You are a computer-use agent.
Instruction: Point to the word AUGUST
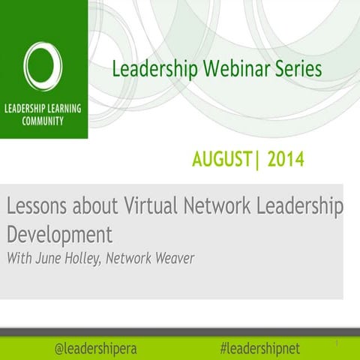tap(222, 159)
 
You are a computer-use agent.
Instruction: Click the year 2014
tap(286, 159)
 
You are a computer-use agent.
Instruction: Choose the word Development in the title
tap(59, 234)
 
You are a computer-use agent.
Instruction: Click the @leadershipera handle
tap(96, 348)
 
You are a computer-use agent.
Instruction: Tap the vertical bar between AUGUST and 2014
tap(256, 159)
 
